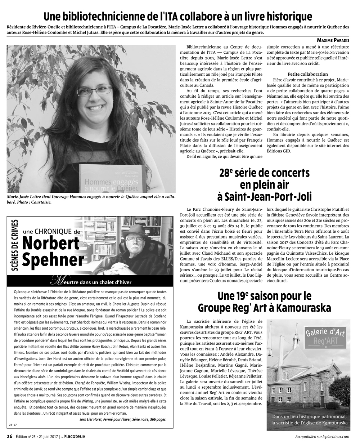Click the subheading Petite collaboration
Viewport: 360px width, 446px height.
click(x=308, y=74)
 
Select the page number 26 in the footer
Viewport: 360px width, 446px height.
click(x=10, y=436)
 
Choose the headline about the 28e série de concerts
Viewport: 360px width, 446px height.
click(x=265, y=185)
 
